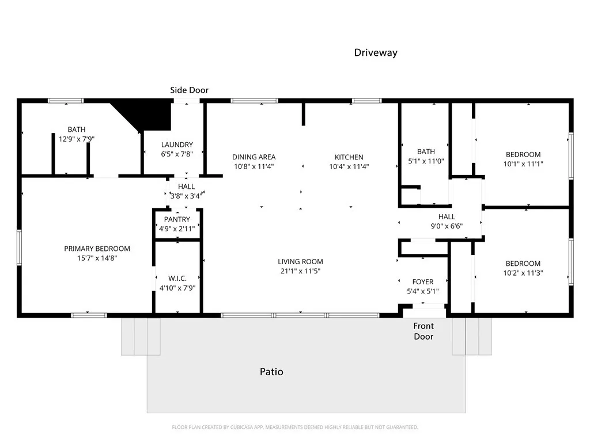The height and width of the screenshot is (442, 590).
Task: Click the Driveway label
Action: (375, 52)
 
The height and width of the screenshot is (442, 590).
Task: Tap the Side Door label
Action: (189, 90)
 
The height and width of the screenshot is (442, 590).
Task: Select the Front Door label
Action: (423, 331)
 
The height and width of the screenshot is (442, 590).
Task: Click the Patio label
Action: (271, 372)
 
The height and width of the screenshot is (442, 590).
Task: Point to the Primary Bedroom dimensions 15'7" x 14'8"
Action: (97, 258)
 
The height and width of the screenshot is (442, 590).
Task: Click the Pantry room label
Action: (177, 219)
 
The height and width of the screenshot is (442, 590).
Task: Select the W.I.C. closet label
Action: (177, 278)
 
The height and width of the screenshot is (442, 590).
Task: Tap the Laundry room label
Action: (177, 144)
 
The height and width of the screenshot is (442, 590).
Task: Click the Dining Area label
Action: (254, 157)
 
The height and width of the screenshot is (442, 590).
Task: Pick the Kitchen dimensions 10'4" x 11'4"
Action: (349, 167)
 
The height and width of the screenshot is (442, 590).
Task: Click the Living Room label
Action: (300, 261)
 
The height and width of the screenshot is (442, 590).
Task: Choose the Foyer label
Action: (422, 281)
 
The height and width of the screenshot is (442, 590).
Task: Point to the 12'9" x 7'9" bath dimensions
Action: (76, 139)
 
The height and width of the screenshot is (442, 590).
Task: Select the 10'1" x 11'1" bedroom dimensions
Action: (523, 163)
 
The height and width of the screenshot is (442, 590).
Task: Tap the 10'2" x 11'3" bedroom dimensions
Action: (523, 273)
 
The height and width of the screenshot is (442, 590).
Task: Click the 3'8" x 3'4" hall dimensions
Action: (186, 196)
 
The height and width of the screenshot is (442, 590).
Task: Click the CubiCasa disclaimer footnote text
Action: (294, 427)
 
